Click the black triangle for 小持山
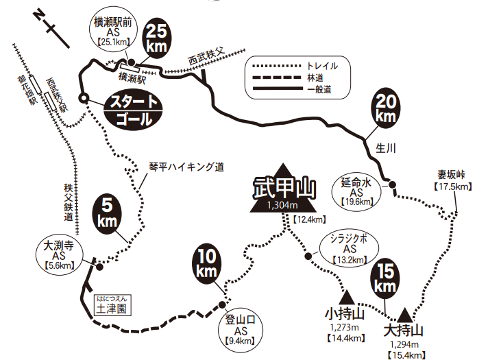[x=347, y=297]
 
